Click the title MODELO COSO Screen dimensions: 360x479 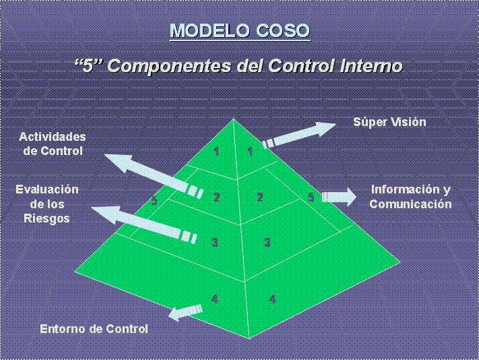click(x=239, y=31)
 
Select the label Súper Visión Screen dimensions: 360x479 click(x=389, y=122)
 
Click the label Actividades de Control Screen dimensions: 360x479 click(x=53, y=144)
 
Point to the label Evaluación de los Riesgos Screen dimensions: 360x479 click(x=47, y=204)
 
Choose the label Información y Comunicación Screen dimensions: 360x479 click(x=410, y=197)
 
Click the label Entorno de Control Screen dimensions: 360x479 click(x=94, y=329)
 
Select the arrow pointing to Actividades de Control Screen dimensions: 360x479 click(x=152, y=174)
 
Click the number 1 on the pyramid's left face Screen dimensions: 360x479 click(x=216, y=151)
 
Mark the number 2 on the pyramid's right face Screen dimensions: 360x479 click(x=259, y=198)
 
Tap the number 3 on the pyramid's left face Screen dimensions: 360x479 click(x=215, y=242)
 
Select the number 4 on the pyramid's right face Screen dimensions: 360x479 click(x=272, y=299)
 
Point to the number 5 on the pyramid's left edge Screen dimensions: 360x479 click(x=154, y=200)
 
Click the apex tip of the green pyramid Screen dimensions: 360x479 click(x=234, y=120)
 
